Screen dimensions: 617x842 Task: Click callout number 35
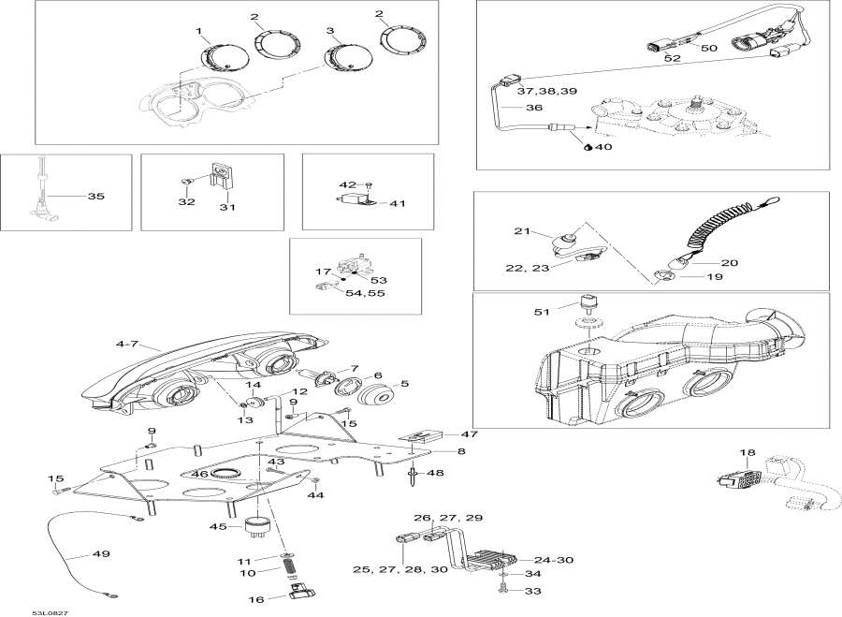point(95,197)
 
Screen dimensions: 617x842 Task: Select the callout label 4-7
point(128,345)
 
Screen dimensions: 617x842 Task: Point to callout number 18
point(747,453)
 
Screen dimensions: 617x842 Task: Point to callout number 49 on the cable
point(100,554)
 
